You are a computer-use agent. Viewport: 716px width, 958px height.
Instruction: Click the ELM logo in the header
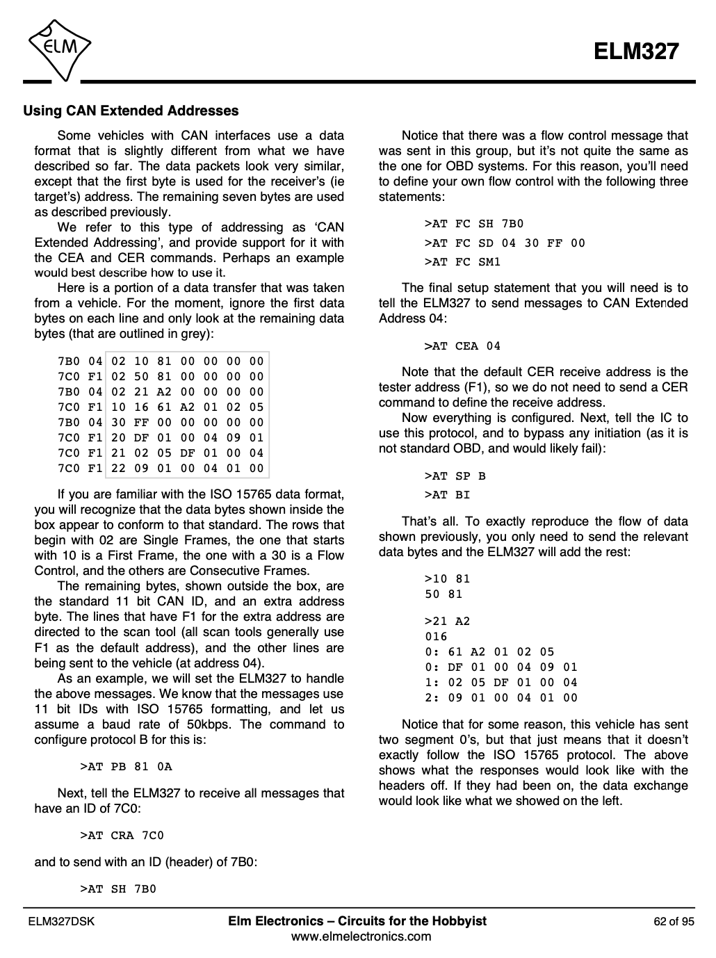click(59, 47)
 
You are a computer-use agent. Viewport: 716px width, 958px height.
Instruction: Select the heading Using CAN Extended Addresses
click(131, 111)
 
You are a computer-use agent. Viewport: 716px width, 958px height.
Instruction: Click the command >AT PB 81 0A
click(126, 767)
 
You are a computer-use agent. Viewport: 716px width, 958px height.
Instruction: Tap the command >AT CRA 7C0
click(122, 835)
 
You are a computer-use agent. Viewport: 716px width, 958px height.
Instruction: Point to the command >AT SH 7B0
click(118, 889)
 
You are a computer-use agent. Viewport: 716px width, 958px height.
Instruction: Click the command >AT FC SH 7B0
click(473, 224)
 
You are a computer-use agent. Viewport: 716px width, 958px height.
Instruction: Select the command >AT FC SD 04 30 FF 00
click(505, 243)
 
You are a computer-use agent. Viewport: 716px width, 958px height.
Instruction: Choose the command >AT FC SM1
click(462, 262)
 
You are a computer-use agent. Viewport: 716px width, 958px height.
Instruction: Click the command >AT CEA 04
click(462, 346)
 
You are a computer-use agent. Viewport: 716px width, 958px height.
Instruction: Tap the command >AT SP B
click(455, 476)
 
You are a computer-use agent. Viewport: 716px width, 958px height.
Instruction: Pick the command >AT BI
click(447, 495)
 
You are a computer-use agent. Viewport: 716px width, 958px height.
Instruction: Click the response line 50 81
click(444, 594)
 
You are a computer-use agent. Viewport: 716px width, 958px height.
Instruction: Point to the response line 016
click(436, 637)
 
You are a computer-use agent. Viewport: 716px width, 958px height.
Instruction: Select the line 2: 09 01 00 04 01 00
click(501, 698)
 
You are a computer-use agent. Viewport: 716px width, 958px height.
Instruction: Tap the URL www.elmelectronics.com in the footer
click(361, 936)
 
